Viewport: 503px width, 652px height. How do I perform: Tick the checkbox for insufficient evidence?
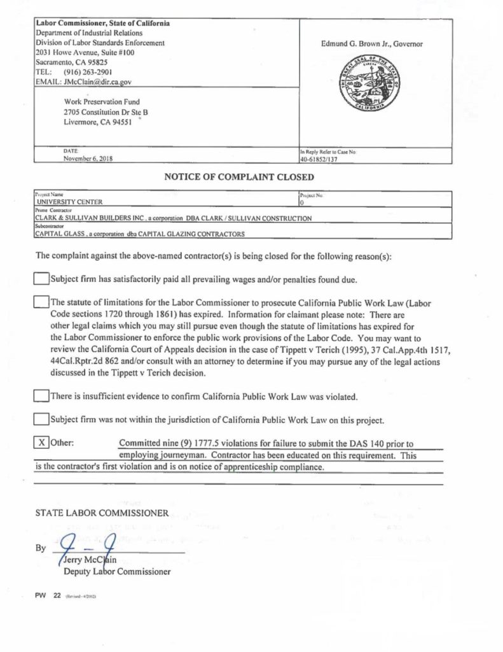coord(41,396)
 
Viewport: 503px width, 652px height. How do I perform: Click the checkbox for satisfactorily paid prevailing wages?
coord(41,279)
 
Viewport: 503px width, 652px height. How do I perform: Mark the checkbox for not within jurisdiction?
coord(41,419)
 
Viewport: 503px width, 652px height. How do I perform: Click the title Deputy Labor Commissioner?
coord(117,572)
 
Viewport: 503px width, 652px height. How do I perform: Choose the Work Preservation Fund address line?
coord(102,101)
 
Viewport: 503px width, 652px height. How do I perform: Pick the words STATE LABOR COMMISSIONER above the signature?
coord(102,511)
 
